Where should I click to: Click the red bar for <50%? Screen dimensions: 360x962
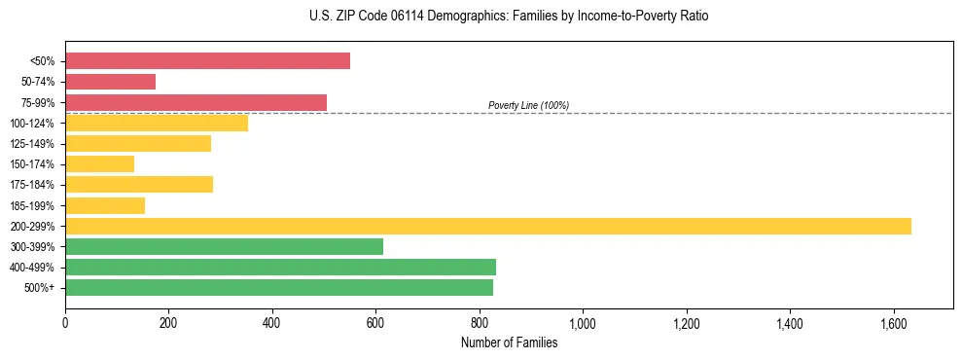pos(207,61)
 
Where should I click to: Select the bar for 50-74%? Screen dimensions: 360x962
pos(110,82)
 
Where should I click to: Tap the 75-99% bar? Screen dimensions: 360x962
pos(196,102)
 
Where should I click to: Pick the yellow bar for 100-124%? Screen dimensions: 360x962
pos(157,123)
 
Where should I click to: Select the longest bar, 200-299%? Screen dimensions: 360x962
pos(487,226)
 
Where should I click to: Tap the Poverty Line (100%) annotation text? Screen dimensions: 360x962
pos(528,105)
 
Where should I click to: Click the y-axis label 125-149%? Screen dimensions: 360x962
pos(32,144)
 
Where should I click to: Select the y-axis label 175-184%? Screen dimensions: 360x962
pos(32,185)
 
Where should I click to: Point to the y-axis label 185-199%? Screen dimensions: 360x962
pos(32,205)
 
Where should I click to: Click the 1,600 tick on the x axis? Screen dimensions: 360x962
pos(893,322)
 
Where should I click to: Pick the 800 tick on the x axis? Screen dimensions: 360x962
pos(480,322)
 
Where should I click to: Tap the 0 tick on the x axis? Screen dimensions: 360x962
pos(65,322)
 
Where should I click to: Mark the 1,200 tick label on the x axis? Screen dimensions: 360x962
pos(686,322)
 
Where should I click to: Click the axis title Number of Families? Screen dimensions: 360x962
pos(509,342)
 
